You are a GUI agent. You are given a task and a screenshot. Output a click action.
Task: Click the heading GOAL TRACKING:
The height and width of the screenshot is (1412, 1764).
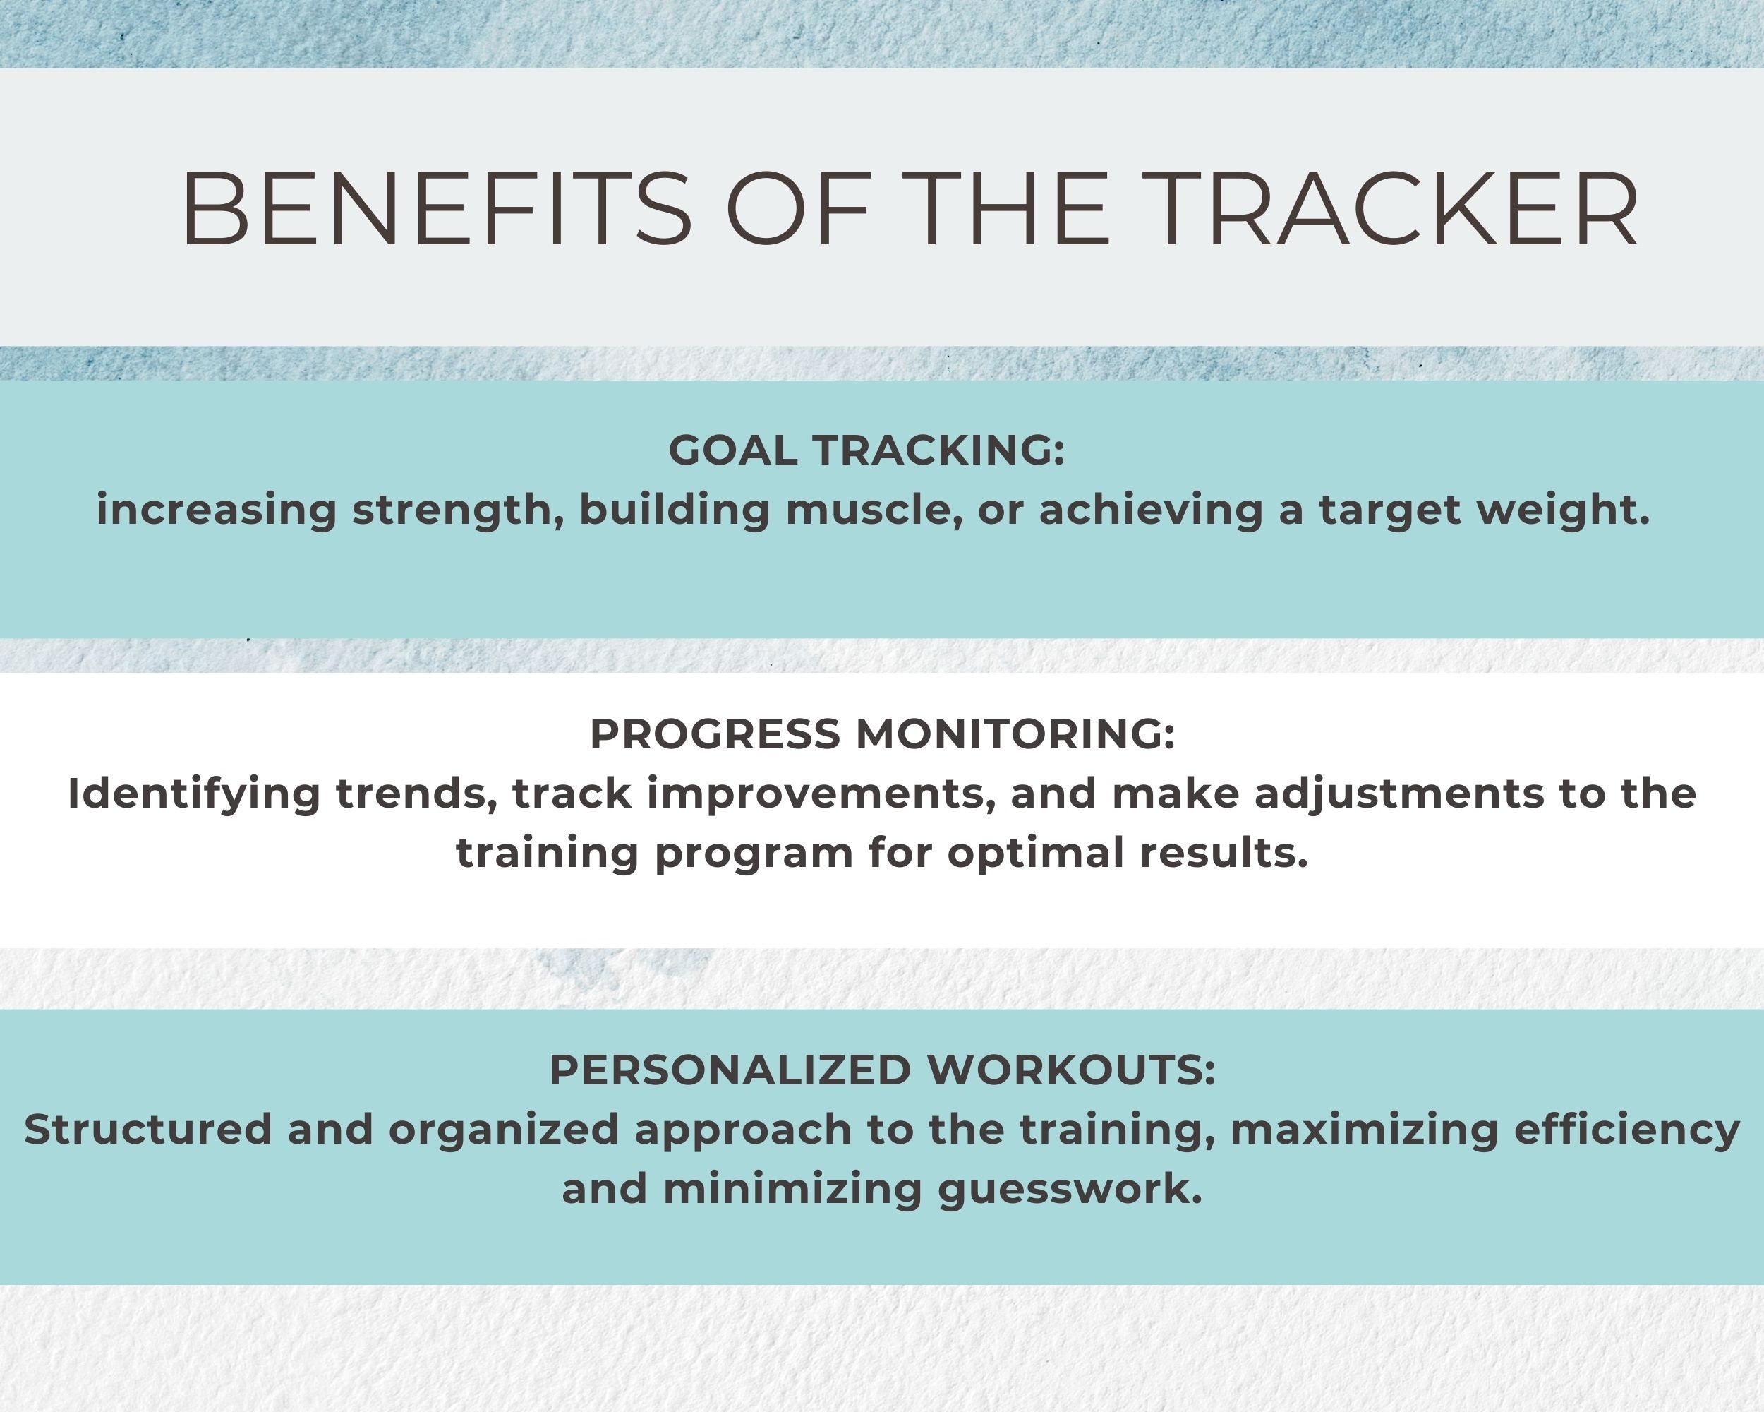(x=866, y=450)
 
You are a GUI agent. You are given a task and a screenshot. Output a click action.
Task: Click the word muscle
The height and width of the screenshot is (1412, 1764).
(x=873, y=510)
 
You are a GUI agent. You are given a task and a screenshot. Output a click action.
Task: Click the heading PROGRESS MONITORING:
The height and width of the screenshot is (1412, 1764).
(x=882, y=734)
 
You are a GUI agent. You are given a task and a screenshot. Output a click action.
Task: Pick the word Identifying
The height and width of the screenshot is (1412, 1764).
(x=194, y=794)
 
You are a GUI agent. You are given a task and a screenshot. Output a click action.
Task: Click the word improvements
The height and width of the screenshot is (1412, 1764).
(x=821, y=794)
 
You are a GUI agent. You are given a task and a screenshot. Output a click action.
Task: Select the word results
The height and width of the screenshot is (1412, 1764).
(x=1224, y=854)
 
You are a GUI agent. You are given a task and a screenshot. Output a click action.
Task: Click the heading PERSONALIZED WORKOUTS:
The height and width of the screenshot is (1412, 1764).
(x=882, y=1070)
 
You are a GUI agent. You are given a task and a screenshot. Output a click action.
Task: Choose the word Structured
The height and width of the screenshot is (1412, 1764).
(x=148, y=1130)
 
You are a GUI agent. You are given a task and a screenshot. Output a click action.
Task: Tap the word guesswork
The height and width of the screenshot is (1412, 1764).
(x=1070, y=1190)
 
